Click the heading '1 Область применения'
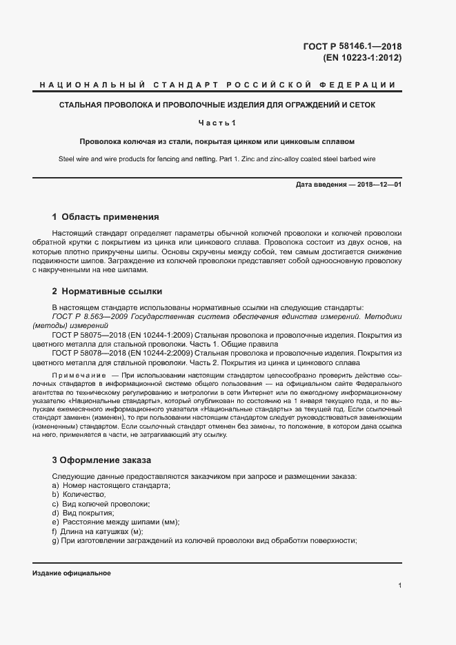(106, 216)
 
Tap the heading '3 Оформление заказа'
(101, 460)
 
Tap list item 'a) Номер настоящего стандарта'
(110, 486)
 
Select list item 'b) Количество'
(78, 495)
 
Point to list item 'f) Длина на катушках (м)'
(97, 532)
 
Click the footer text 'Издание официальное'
(72, 573)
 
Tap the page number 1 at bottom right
(400, 585)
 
